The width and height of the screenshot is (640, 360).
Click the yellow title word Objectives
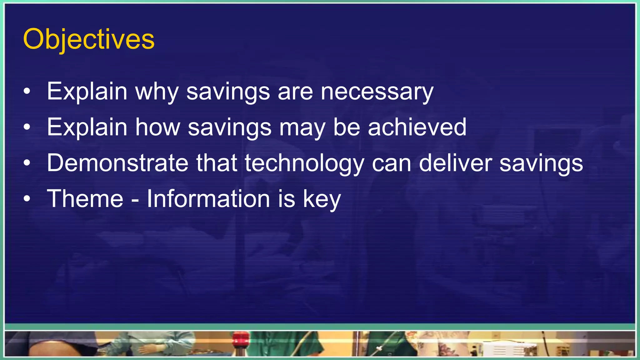coord(89,39)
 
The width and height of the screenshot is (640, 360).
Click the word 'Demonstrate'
coord(117,163)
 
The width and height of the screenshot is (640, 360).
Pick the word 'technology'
coord(304,164)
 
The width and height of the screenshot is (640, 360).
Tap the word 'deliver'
coord(455,163)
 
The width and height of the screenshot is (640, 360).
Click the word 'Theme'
coord(85,199)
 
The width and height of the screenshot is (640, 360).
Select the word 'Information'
coord(208,199)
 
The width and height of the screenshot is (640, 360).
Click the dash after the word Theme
coord(135,200)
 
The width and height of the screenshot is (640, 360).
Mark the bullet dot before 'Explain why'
coord(27,92)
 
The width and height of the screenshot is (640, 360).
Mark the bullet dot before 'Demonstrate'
coord(27,163)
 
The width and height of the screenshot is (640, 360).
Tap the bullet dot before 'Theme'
coord(27,199)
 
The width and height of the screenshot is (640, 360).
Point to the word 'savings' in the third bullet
coord(541,164)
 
